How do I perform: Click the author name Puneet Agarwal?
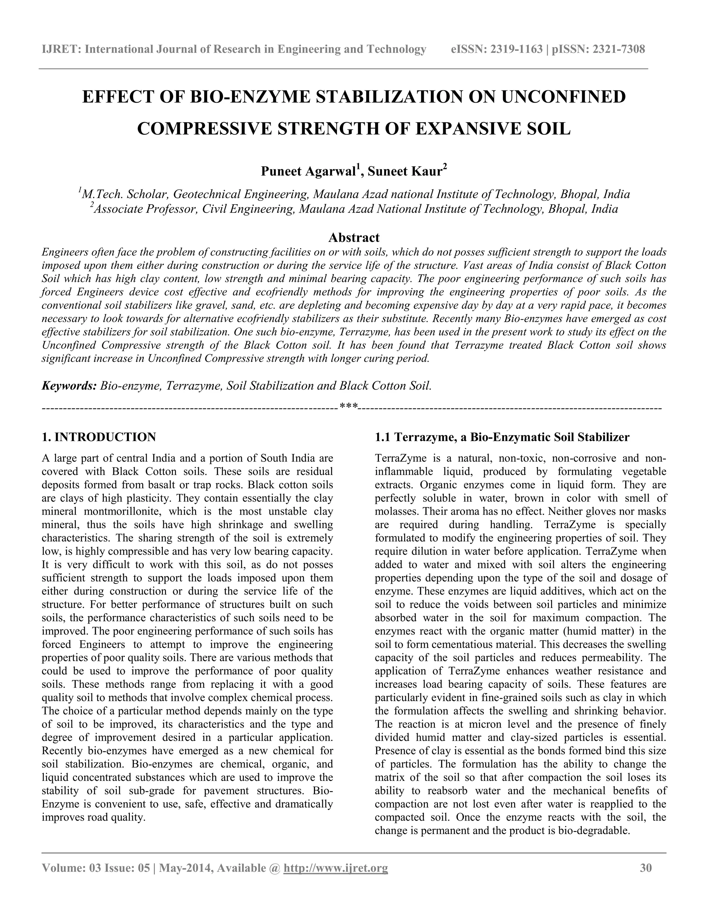[308, 171]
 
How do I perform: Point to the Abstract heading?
[354, 237]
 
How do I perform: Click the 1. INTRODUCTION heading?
[99, 437]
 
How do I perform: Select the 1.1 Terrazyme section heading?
[502, 437]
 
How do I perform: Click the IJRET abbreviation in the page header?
[61, 49]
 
